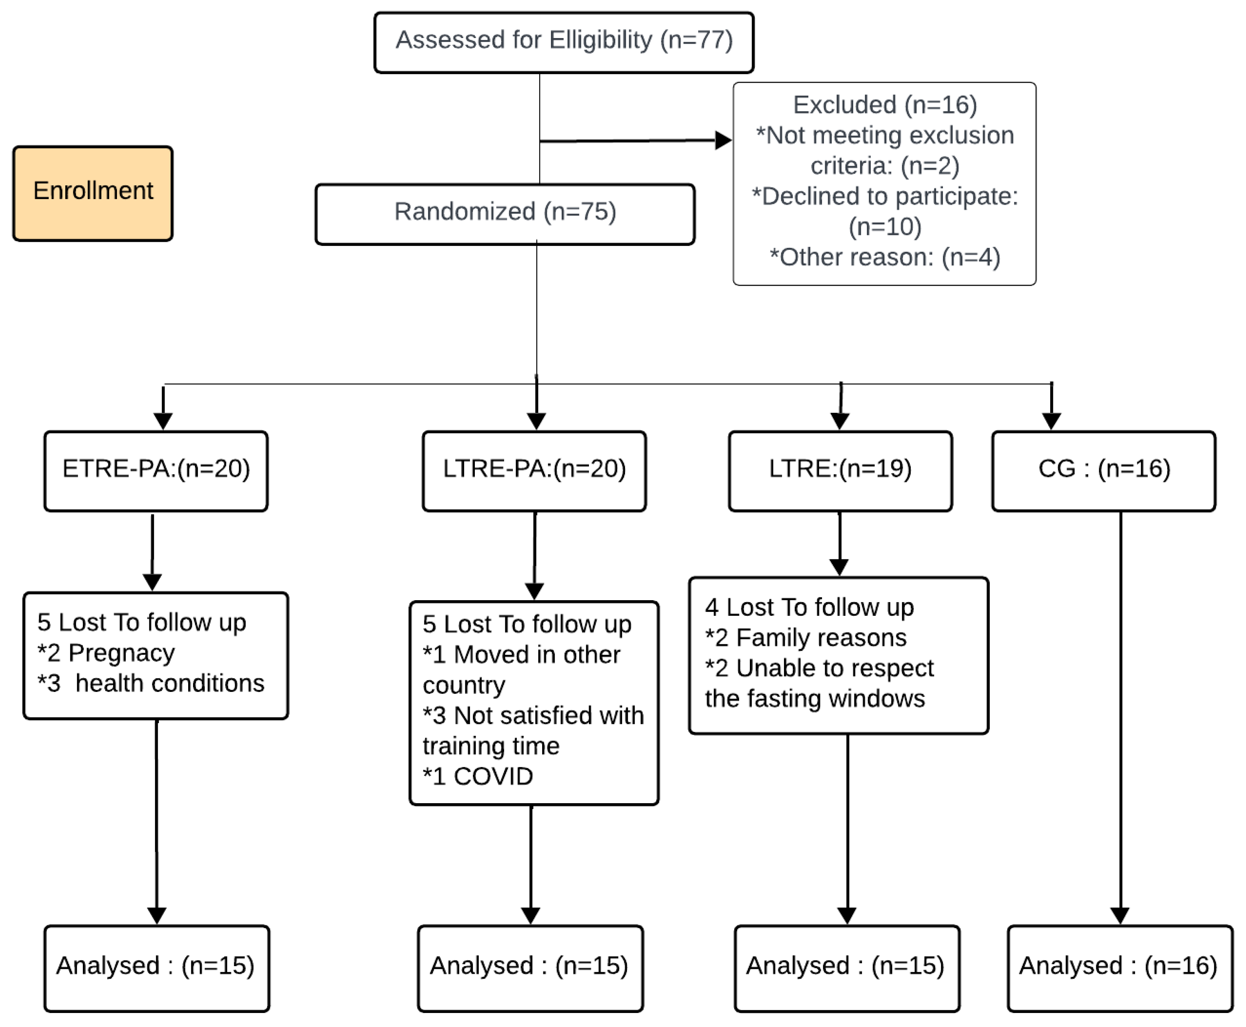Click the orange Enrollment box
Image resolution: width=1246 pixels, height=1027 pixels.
tap(93, 193)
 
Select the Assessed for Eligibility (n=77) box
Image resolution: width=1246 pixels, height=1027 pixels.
tap(563, 42)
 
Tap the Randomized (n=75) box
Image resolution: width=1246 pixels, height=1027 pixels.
tap(504, 213)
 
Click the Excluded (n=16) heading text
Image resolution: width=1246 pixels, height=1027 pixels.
tap(884, 105)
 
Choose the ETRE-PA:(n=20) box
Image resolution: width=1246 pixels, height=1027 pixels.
tap(156, 471)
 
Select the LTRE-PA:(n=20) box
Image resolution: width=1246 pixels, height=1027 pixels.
tap(534, 471)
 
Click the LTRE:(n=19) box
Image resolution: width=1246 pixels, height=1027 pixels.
tap(840, 471)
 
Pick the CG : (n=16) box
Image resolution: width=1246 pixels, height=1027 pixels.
tap(1103, 471)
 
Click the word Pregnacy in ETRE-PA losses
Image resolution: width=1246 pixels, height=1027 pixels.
tap(121, 653)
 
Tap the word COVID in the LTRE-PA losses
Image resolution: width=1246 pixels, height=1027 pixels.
tap(493, 777)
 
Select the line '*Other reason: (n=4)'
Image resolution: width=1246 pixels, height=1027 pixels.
tap(884, 257)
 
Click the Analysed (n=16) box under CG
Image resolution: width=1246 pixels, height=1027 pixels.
tap(1119, 968)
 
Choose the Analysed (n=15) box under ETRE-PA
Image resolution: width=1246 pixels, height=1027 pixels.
tap(156, 968)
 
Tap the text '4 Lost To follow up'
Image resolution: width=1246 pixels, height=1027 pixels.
tap(809, 607)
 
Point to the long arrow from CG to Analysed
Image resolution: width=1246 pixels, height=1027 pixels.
tap(1120, 710)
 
